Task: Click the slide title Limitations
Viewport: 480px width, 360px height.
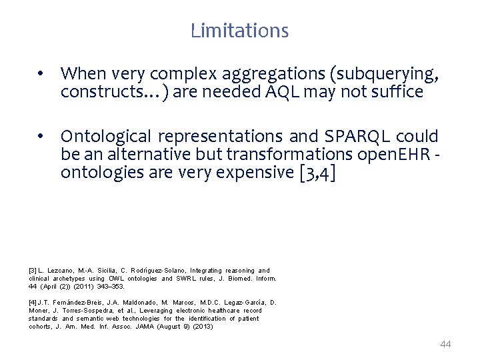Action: (239, 31)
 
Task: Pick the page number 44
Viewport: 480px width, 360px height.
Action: (446, 344)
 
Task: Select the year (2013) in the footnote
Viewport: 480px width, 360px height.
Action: (203, 326)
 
